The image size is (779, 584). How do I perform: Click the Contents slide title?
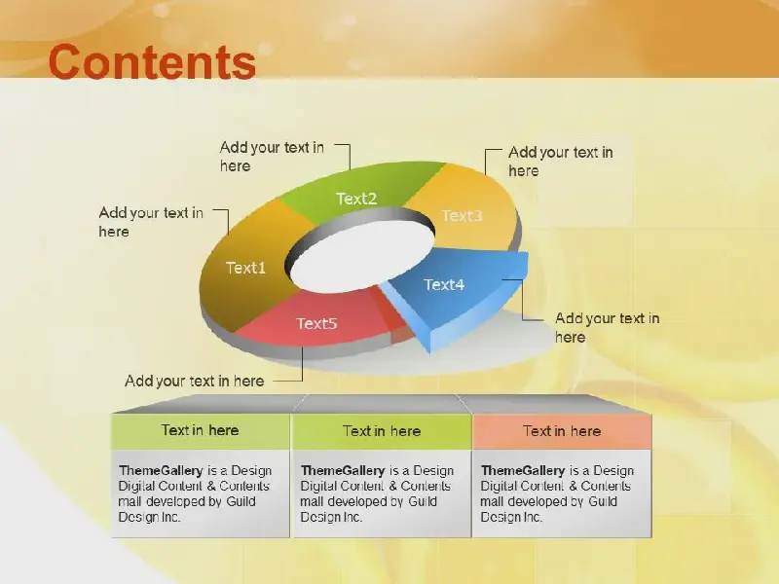pyautogui.click(x=152, y=62)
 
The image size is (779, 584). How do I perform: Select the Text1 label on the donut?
pyautogui.click(x=246, y=269)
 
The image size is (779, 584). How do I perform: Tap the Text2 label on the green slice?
pyautogui.click(x=356, y=199)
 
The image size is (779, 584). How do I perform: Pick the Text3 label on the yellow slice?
pyautogui.click(x=462, y=215)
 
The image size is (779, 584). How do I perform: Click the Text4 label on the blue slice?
pyautogui.click(x=444, y=284)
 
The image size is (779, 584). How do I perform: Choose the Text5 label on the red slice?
pyautogui.click(x=317, y=323)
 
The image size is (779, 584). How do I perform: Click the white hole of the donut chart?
pyautogui.click(x=361, y=257)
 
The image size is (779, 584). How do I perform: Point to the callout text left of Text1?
pyautogui.click(x=151, y=222)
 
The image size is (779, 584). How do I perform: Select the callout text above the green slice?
pyautogui.click(x=272, y=157)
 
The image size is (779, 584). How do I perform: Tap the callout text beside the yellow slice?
pyautogui.click(x=561, y=162)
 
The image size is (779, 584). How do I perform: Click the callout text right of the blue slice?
pyautogui.click(x=607, y=328)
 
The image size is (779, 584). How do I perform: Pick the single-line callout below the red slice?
pyautogui.click(x=194, y=381)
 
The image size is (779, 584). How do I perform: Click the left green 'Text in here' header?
pyautogui.click(x=201, y=430)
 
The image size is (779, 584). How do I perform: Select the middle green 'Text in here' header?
pyautogui.click(x=382, y=431)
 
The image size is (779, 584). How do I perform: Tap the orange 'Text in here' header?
pyautogui.click(x=562, y=431)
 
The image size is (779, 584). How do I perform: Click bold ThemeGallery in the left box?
pyautogui.click(x=161, y=470)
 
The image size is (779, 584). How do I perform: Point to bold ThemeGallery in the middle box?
pyautogui.click(x=343, y=470)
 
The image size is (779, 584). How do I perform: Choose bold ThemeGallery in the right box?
pyautogui.click(x=523, y=470)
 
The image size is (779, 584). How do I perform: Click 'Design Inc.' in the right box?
pyautogui.click(x=511, y=517)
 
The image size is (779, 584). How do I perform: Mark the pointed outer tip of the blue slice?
pyautogui.click(x=528, y=253)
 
